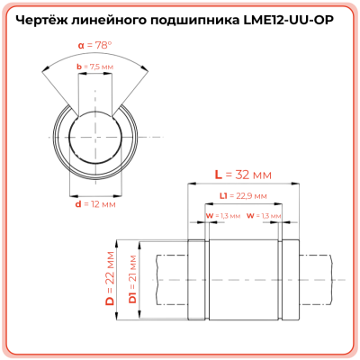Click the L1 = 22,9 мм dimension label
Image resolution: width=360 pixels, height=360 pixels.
[243, 195]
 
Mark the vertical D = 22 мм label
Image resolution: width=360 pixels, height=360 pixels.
[110, 278]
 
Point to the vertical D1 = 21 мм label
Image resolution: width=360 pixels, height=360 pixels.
[132, 278]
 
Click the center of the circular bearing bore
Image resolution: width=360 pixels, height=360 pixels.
[94, 135]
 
